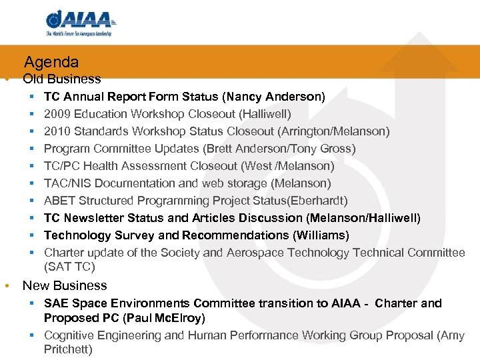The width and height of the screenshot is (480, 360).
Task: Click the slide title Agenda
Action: coord(51,63)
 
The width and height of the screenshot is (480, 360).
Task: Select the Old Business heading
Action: coord(61,79)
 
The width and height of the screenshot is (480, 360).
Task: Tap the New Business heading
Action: coord(65,285)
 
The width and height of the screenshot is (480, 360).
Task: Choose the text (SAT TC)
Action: coord(69,267)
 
